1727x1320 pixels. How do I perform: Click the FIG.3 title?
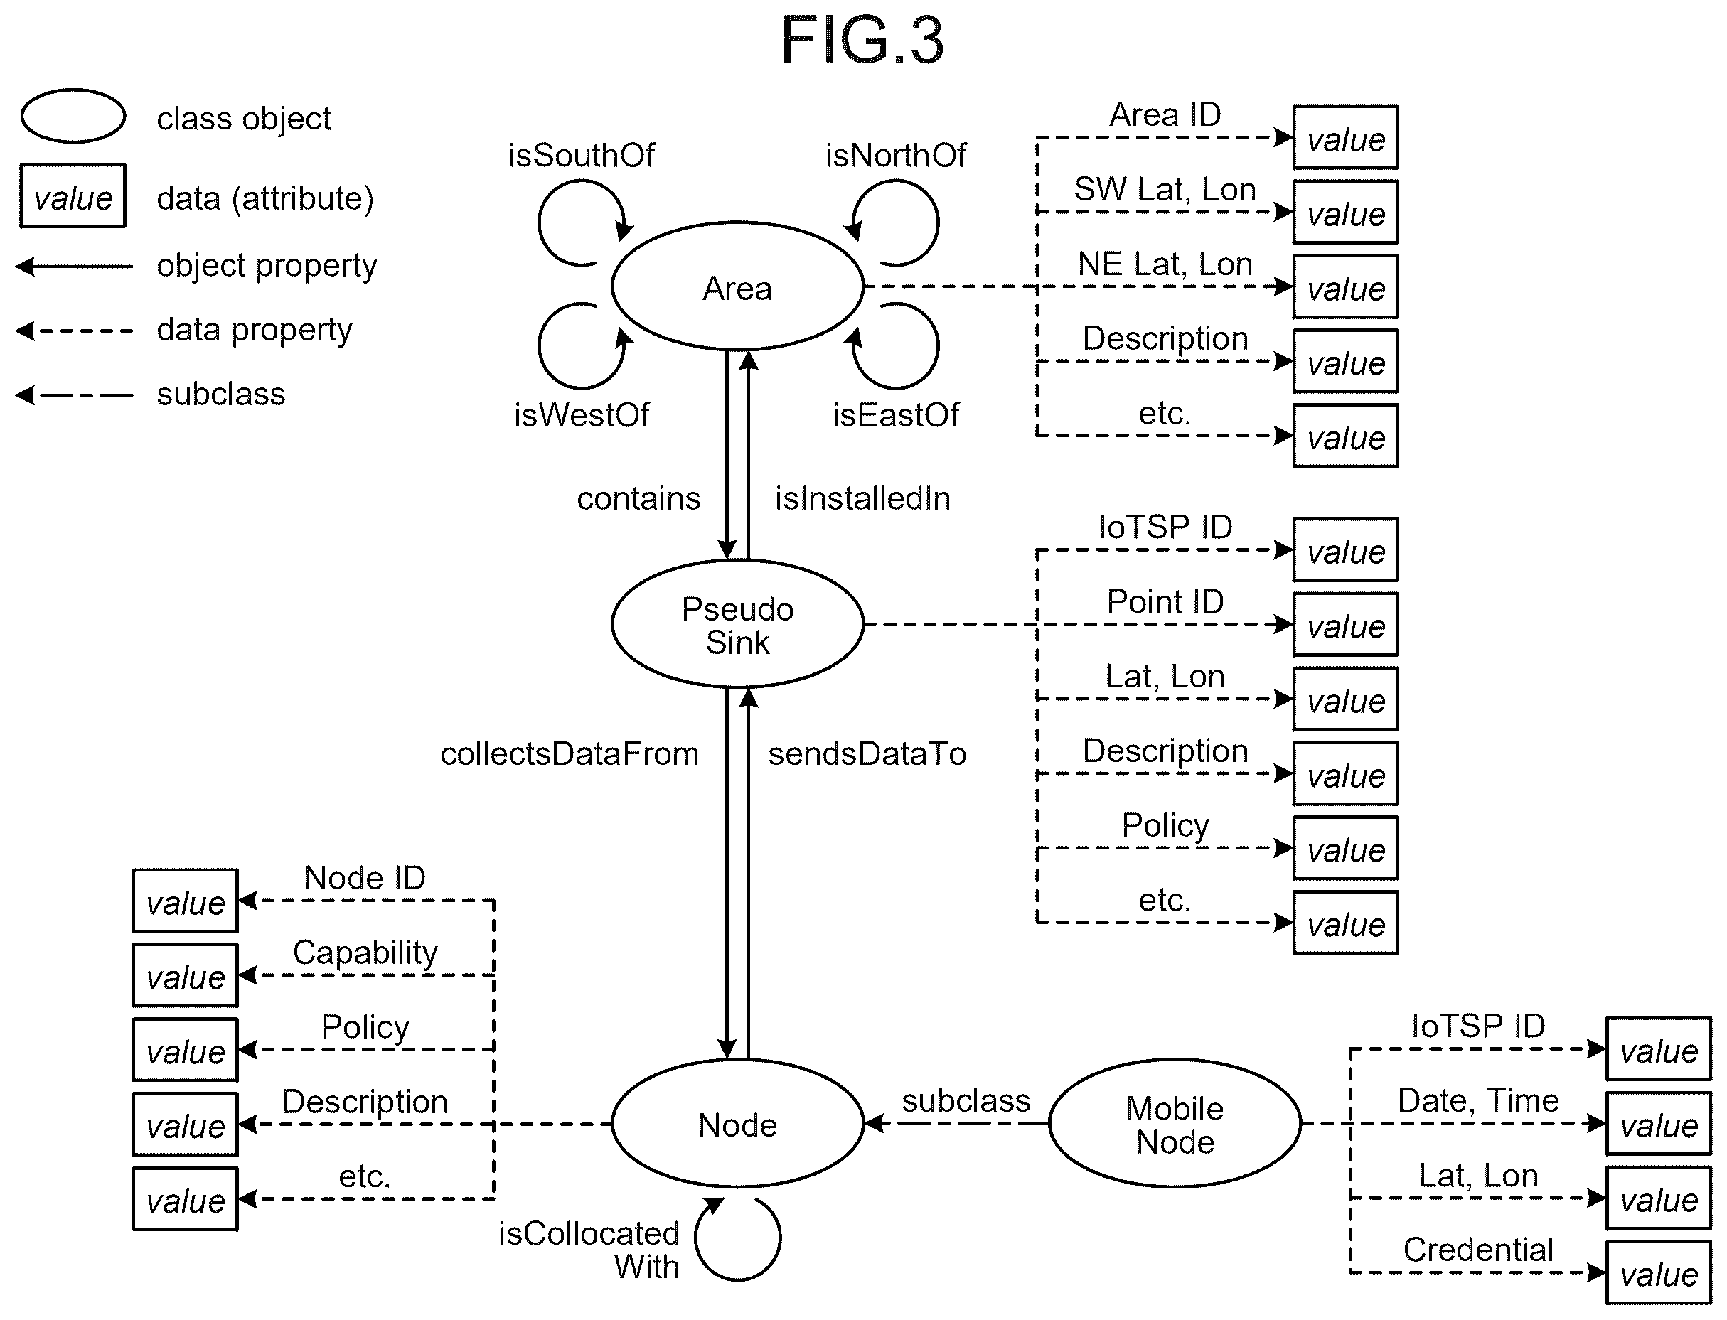click(x=862, y=40)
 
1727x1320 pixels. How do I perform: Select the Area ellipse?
click(x=737, y=286)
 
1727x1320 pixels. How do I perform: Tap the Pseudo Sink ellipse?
click(x=737, y=624)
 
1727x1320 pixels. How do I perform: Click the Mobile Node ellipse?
click(x=1175, y=1124)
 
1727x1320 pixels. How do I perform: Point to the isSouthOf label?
click(x=582, y=156)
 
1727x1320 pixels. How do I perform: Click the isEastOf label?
click(x=896, y=415)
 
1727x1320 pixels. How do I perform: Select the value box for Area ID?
click(x=1345, y=137)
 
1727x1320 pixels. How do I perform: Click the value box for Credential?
click(x=1658, y=1273)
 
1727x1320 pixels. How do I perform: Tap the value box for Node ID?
click(x=185, y=901)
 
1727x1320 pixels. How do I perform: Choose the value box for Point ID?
click(x=1345, y=625)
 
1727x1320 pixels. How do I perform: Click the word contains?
click(x=638, y=498)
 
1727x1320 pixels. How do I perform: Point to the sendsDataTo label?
click(x=867, y=753)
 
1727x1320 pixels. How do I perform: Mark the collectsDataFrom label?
click(x=569, y=753)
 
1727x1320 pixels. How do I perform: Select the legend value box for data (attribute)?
click(x=73, y=195)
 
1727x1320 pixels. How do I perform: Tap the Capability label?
click(x=365, y=953)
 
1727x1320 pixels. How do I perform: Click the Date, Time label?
click(x=1478, y=1101)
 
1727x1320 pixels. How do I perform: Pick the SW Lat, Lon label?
click(x=1165, y=189)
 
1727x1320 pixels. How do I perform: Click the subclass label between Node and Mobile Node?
click(x=966, y=1101)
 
